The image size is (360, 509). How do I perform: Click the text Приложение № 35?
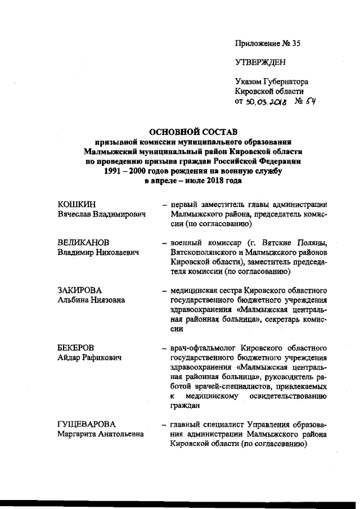click(268, 43)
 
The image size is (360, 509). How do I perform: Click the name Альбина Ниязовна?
click(92, 300)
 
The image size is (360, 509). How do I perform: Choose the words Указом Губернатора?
click(272, 82)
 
